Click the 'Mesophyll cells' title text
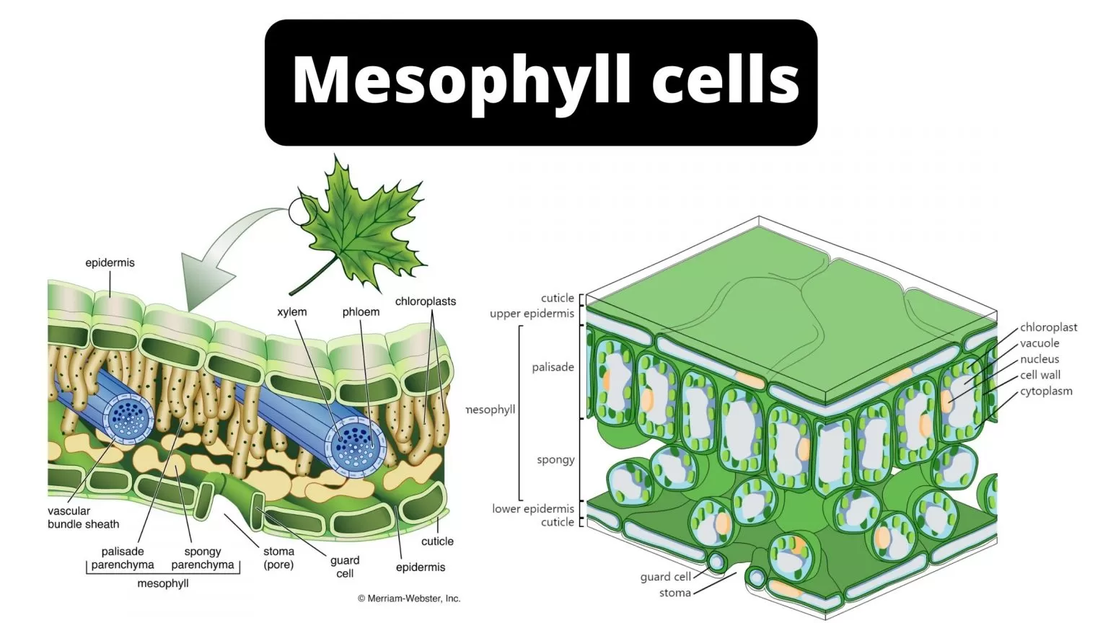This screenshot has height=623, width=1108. click(x=545, y=80)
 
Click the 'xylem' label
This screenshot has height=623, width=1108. click(x=292, y=312)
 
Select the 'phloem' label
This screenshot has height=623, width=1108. click(x=361, y=312)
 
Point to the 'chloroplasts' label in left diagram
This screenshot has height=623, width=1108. click(x=426, y=301)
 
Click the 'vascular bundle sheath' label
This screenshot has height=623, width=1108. click(x=83, y=518)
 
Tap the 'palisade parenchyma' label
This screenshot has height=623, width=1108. click(x=123, y=558)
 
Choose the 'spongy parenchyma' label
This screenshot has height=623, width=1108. click(x=203, y=558)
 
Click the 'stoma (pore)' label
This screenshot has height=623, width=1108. click(x=278, y=558)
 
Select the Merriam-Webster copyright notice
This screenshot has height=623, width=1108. click(x=409, y=598)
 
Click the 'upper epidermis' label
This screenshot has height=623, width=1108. click(x=532, y=314)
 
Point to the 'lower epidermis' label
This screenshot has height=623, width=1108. click(x=533, y=509)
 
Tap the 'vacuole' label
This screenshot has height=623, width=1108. click(x=1039, y=343)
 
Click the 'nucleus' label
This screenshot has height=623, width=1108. click(x=1039, y=359)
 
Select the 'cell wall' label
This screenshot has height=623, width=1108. click(x=1040, y=375)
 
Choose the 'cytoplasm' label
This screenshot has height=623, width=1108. click(x=1046, y=392)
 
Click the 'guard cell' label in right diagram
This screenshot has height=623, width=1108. click(x=665, y=577)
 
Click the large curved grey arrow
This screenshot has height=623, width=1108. click(x=216, y=260)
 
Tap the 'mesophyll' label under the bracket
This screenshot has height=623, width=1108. click(x=163, y=583)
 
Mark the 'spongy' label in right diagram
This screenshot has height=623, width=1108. click(x=555, y=459)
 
